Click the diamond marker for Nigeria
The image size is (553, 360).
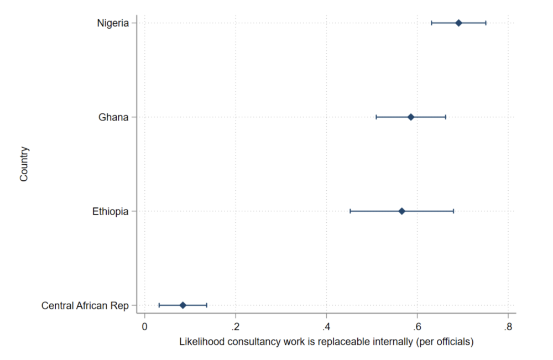click(458, 23)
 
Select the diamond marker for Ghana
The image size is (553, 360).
click(411, 117)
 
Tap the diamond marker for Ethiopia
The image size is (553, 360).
click(402, 211)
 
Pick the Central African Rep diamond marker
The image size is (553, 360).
click(183, 305)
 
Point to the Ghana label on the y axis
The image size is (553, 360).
click(114, 117)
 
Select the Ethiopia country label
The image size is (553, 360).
click(111, 211)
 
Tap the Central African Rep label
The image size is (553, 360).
click(85, 305)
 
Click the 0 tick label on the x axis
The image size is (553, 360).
click(145, 326)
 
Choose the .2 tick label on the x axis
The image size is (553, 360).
click(235, 326)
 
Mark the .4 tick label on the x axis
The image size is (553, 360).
click(326, 326)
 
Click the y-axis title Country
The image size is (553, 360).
click(24, 164)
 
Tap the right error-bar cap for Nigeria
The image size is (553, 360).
click(486, 23)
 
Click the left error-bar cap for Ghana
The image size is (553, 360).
click(376, 117)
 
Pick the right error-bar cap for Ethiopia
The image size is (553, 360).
click(453, 211)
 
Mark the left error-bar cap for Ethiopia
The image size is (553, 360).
click(350, 211)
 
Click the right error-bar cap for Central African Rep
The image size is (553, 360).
click(206, 305)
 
